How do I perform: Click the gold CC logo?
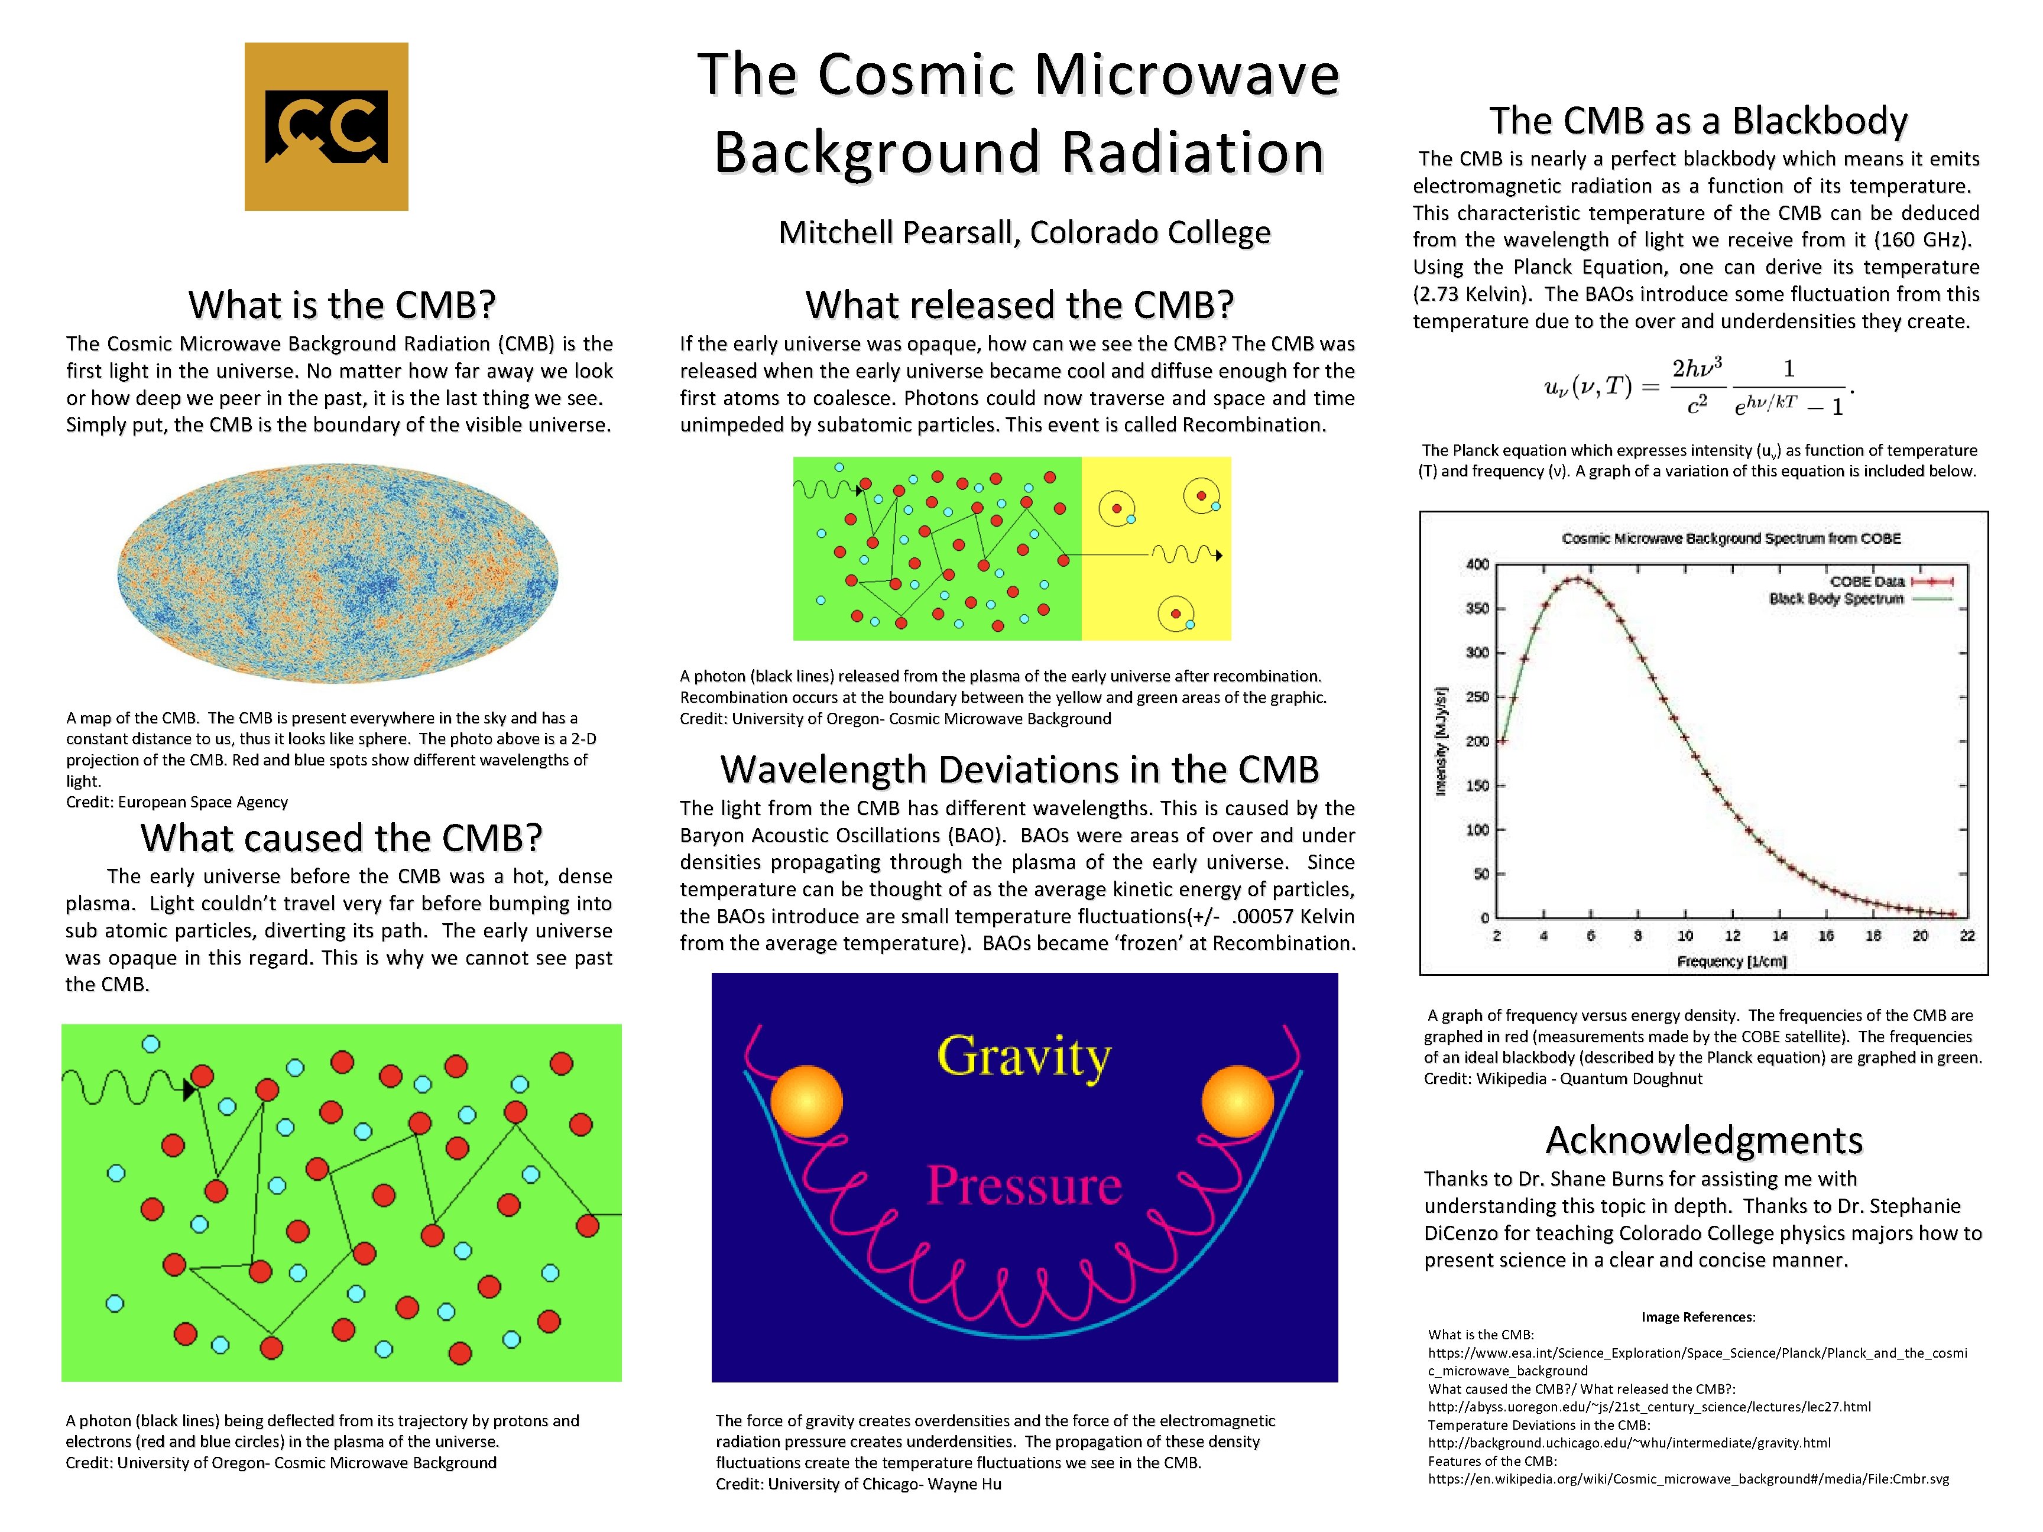(326, 126)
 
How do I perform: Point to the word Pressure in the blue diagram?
(1023, 1185)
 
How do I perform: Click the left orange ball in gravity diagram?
(806, 1101)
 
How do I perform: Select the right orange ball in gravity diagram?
(1238, 1101)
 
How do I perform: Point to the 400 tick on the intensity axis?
(1478, 564)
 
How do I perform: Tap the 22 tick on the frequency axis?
(1967, 936)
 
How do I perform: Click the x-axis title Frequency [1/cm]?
(1731, 961)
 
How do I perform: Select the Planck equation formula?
(1698, 387)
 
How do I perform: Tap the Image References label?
(1698, 1317)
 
